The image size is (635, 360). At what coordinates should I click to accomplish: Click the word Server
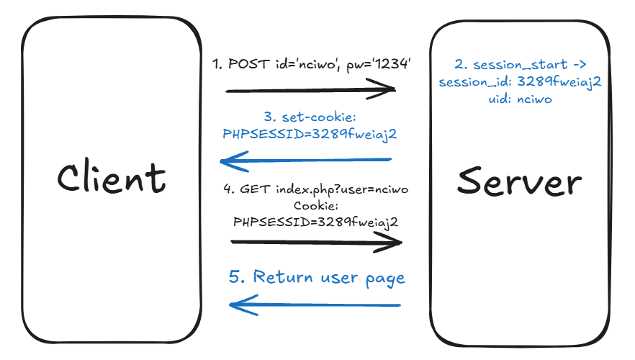(518, 181)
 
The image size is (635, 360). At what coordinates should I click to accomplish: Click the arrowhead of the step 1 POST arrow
(389, 90)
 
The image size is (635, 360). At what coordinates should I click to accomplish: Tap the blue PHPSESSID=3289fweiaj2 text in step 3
(310, 134)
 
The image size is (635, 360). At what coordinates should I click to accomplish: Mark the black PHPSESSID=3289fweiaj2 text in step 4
(315, 222)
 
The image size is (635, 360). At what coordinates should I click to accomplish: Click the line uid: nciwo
(519, 99)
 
